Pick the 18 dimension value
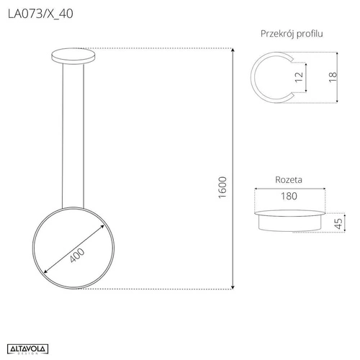click(331, 78)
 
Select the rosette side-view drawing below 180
click(289, 220)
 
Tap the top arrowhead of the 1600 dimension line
click(232, 50)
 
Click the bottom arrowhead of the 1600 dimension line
click(232, 287)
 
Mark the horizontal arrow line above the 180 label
click(289, 189)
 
